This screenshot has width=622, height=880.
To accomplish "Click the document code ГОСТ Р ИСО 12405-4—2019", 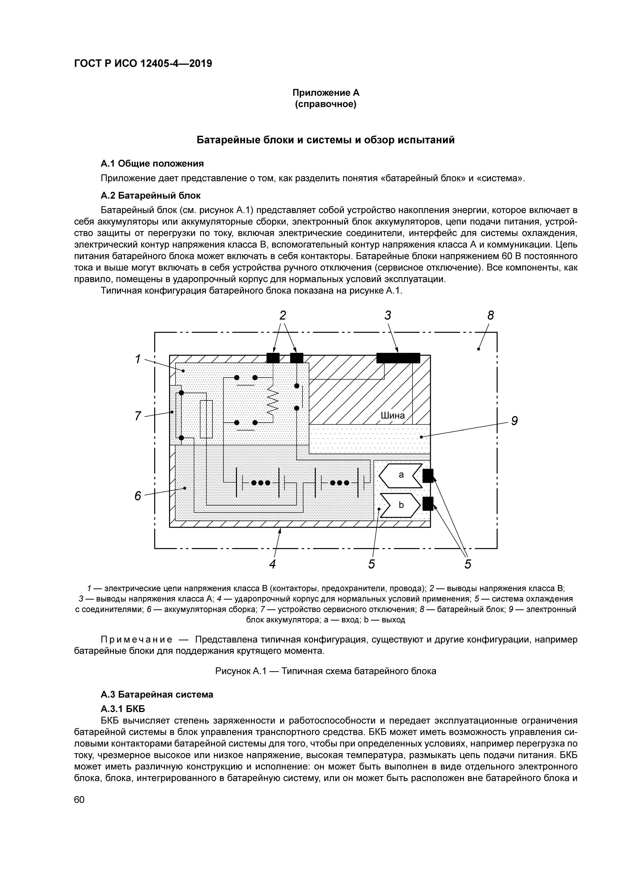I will point(143,63).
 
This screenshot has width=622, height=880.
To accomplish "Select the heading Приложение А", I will point(326,93).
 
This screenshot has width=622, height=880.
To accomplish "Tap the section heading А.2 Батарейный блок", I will point(150,195).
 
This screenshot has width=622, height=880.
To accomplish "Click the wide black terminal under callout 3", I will point(398,358).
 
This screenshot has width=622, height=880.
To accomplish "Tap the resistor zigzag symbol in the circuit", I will point(272,400).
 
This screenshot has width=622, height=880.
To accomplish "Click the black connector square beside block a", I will point(428,476).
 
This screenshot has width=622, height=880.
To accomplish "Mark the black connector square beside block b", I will point(428,503).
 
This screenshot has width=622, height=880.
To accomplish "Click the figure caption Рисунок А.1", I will point(326,671).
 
